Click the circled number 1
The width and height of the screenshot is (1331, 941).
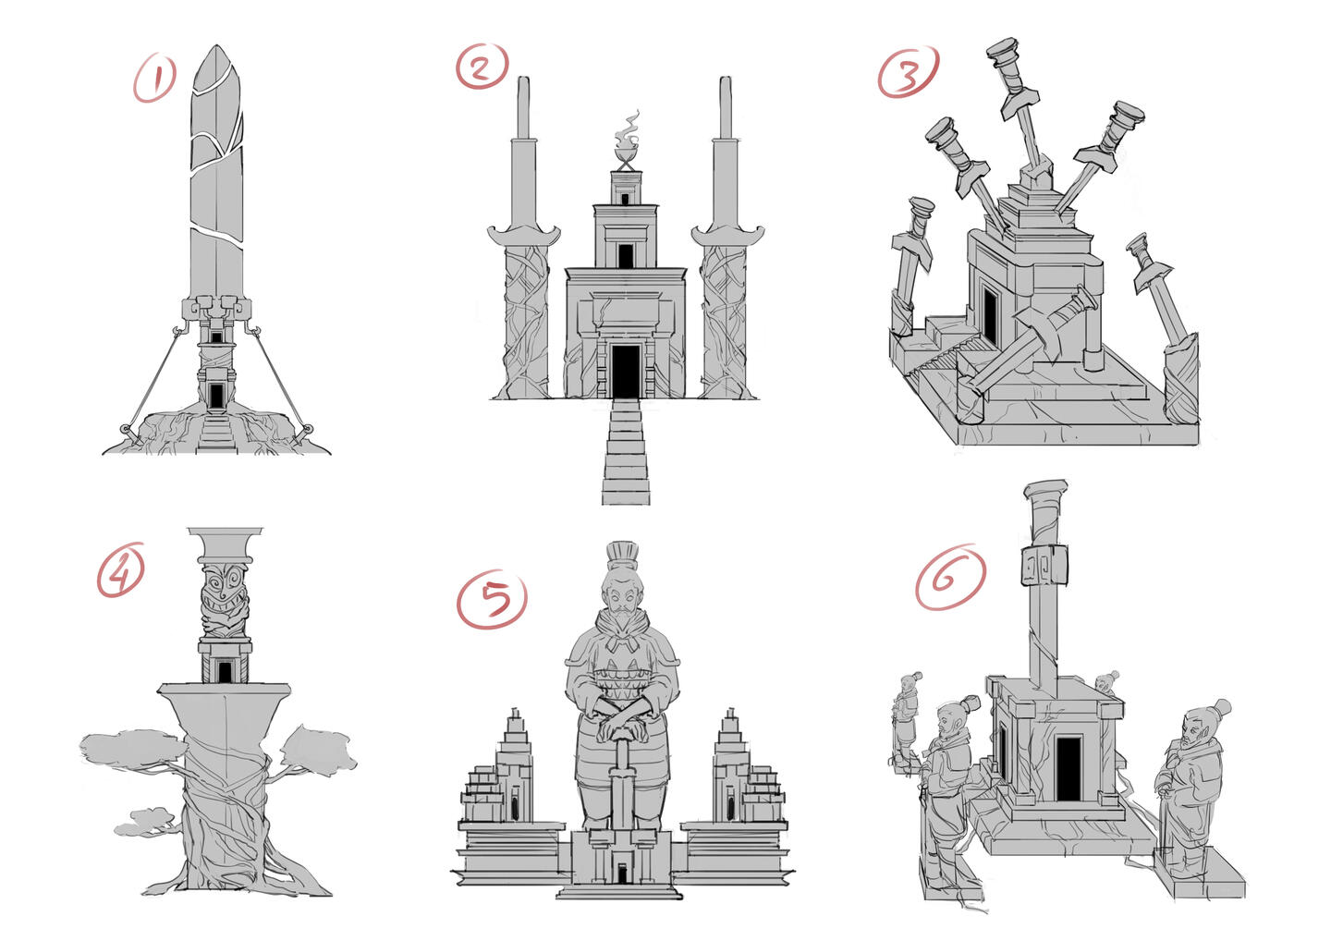[154, 79]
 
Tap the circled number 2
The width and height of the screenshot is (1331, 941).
[482, 66]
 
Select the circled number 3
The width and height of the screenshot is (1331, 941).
[908, 72]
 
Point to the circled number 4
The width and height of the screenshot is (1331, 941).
[121, 569]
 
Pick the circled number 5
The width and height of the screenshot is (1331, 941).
[492, 600]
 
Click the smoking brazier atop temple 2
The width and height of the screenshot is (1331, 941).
[627, 141]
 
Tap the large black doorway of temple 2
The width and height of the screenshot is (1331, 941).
[625, 372]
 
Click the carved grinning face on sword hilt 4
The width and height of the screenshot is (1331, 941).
[226, 599]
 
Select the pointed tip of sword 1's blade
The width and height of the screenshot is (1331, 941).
[217, 46]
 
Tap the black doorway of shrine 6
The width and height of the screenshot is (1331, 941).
[1068, 768]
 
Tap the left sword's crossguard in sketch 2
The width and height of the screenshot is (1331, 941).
[523, 235]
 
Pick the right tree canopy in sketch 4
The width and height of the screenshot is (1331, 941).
[319, 751]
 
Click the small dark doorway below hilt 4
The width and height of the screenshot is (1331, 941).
[225, 672]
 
